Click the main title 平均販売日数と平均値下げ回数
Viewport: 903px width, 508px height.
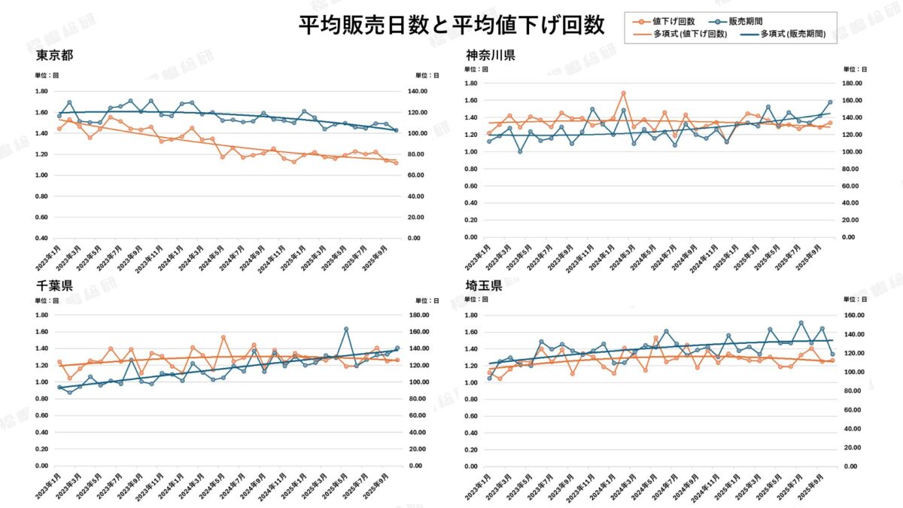[x=451, y=26]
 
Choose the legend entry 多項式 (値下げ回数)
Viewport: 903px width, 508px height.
[x=689, y=34]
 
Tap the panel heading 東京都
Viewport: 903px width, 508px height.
[x=54, y=56]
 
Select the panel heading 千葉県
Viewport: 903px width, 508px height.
[x=54, y=287]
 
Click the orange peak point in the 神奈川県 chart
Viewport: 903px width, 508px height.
[x=623, y=93]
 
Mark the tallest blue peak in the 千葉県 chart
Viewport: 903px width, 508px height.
[x=346, y=329]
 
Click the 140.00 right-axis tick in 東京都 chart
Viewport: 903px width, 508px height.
[x=416, y=91]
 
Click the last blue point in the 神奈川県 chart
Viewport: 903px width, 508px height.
[x=830, y=102]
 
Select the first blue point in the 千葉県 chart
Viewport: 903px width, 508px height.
[x=59, y=388]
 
